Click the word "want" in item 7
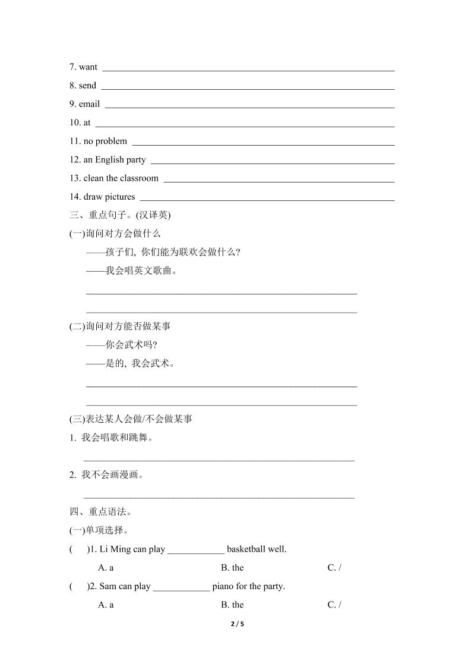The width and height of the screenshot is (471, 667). (88, 67)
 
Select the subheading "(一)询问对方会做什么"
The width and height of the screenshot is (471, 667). (115, 234)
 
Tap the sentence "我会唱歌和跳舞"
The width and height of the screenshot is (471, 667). (116, 438)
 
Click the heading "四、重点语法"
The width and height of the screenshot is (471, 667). (98, 512)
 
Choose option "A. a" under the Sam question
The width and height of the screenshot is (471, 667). (106, 605)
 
